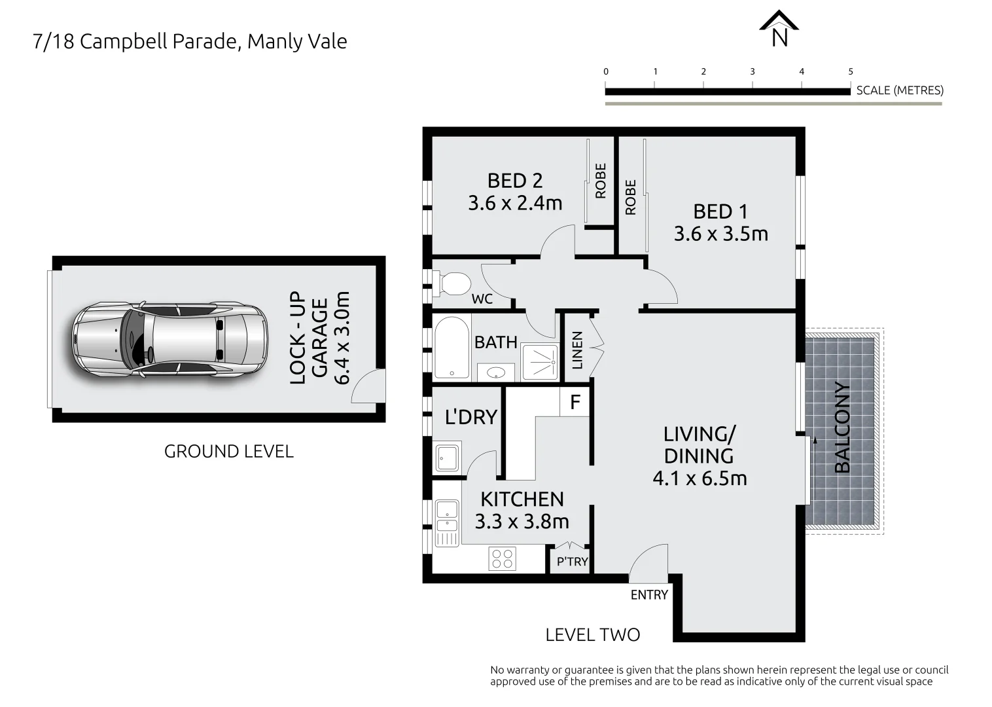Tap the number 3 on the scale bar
[753, 72]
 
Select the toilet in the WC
[453, 284]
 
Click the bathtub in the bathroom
[452, 348]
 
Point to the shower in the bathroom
[540, 362]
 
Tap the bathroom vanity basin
[496, 372]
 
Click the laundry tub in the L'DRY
[448, 456]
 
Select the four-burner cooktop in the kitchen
[503, 558]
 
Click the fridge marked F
[575, 402]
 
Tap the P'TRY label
[572, 562]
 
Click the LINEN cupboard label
[577, 350]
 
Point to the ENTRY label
[648, 595]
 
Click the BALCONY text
[842, 427]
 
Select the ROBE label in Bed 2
[601, 181]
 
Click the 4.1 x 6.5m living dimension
[700, 479]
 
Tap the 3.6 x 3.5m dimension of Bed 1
[720, 234]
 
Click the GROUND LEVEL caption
[228, 452]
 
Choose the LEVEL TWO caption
[592, 634]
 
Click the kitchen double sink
[447, 517]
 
